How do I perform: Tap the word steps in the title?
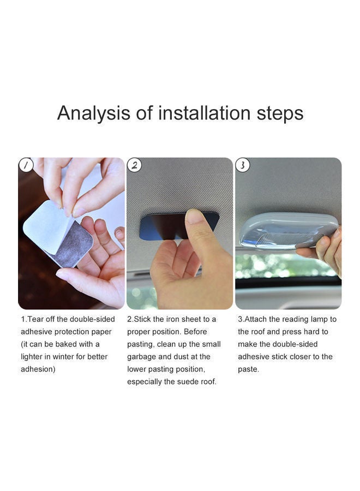[280, 113]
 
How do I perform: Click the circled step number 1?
[26, 165]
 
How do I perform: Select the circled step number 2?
[134, 165]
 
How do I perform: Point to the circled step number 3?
[243, 165]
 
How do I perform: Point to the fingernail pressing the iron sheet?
[193, 216]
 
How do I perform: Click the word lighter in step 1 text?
[34, 357]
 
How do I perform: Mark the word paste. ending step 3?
[248, 369]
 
